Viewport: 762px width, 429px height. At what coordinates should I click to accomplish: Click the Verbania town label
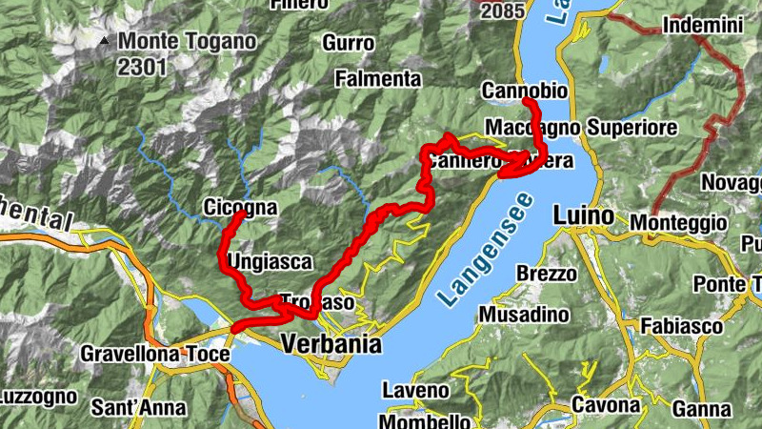[331, 344]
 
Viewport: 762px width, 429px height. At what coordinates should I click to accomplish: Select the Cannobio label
[524, 92]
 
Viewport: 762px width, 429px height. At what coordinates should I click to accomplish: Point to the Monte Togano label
[188, 42]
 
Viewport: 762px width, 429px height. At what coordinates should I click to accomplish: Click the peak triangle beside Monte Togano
[102, 41]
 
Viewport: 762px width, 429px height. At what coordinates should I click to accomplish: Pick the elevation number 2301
[143, 67]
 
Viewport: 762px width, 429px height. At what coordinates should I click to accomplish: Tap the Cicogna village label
[240, 208]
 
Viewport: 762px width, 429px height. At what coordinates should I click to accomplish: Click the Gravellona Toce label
[154, 355]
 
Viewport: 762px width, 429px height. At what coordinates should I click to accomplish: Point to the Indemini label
[701, 26]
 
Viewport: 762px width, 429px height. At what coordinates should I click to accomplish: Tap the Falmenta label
[378, 78]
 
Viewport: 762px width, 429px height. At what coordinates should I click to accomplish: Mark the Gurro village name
[348, 43]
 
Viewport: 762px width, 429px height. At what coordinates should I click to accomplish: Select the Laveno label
[415, 390]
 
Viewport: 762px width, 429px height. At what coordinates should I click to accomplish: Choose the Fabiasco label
[681, 326]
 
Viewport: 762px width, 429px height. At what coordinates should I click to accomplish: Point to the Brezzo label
[547, 274]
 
